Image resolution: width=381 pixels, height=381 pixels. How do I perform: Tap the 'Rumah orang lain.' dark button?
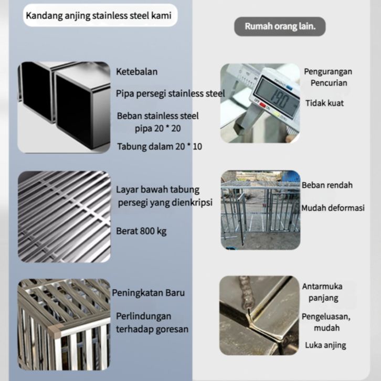[x=280, y=26]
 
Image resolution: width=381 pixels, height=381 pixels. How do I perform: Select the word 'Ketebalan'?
[x=136, y=72]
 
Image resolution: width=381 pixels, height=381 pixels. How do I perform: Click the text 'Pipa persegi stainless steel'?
[x=170, y=93]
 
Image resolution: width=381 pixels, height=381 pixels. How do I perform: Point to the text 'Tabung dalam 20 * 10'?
[x=160, y=146]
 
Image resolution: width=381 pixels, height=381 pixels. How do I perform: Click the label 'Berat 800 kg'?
[x=142, y=231]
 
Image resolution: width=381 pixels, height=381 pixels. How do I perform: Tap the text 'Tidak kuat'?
[x=324, y=103]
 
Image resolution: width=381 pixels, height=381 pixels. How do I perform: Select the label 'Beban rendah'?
[x=326, y=185]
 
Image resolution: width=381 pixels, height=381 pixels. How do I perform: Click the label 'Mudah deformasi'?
[x=332, y=208]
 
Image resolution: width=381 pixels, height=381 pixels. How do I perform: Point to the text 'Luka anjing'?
[x=325, y=345]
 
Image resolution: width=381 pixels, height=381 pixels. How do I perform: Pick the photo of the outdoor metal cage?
[x=260, y=209]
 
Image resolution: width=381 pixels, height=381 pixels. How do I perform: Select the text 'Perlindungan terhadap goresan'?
[x=152, y=323]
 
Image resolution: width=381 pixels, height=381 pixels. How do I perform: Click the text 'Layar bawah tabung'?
[x=157, y=190]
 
